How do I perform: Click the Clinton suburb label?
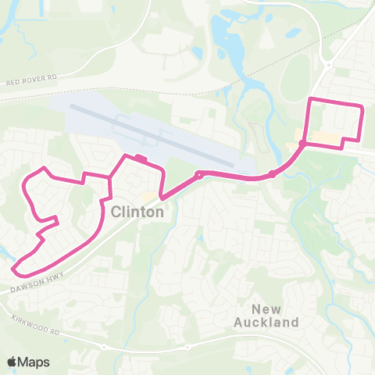click(x=137, y=212)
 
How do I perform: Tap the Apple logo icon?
click(x=12, y=362)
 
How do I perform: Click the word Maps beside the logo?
click(x=34, y=362)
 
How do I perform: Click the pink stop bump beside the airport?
click(x=140, y=159)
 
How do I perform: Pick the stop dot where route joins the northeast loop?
click(x=302, y=144)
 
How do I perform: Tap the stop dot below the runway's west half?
click(x=199, y=175)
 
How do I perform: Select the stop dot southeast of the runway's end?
click(x=270, y=173)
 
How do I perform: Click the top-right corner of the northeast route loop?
click(x=361, y=105)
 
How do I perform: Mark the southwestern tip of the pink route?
click(x=15, y=271)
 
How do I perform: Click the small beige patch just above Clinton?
click(x=148, y=195)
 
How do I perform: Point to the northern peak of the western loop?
click(x=44, y=168)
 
